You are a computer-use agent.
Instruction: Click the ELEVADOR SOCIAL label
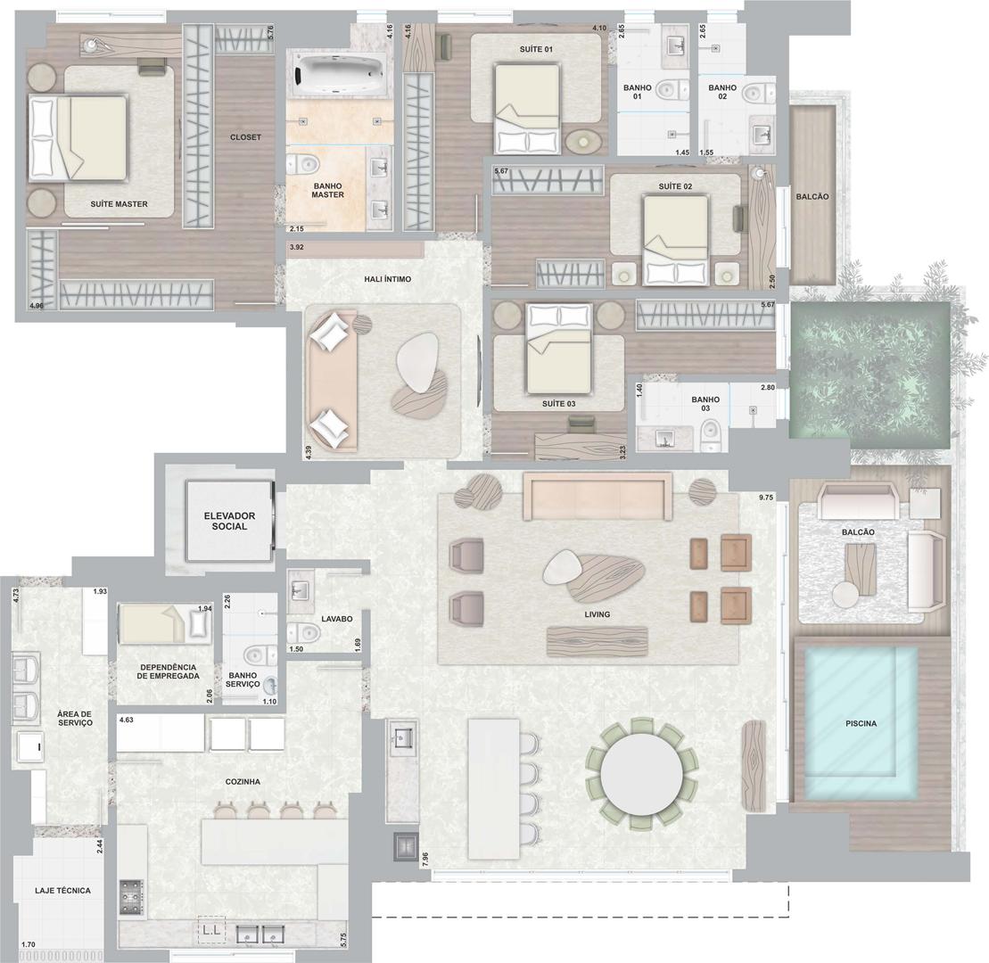[229, 521]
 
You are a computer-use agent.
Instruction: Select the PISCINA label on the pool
[861, 723]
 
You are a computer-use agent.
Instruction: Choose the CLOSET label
[245, 136]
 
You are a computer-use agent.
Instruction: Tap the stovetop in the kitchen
[131, 897]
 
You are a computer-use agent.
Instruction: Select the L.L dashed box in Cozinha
[212, 929]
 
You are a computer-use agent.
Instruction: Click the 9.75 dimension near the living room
[766, 498]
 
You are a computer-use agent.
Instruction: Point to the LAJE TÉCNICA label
[62, 891]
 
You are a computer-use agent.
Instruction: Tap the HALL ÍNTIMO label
[387, 279]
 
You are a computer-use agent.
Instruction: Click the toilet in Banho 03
[711, 438]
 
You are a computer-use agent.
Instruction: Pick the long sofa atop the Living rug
[598, 496]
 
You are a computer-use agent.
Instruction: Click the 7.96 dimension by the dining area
[424, 860]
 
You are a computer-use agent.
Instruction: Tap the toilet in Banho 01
[672, 90]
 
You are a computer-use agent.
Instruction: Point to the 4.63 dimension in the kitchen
[126, 719]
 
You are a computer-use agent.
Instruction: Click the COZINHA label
[243, 781]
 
